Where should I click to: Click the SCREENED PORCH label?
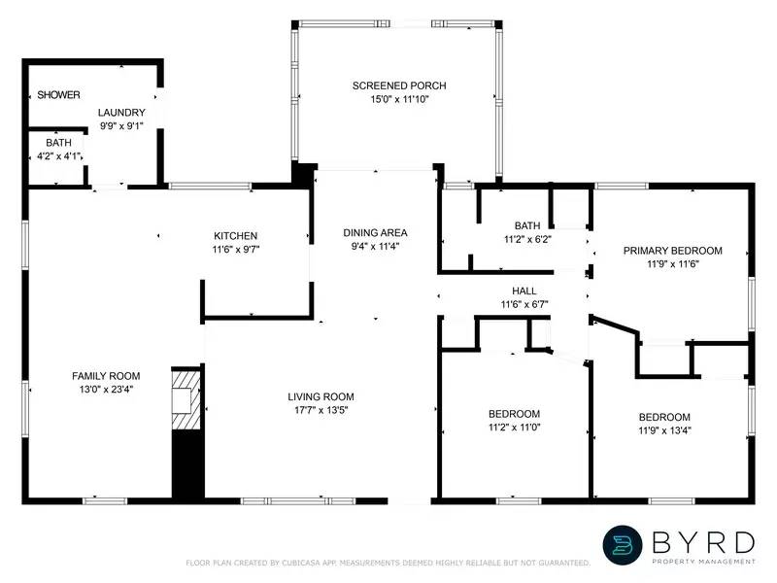click(399, 86)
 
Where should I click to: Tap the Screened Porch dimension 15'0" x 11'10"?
click(399, 99)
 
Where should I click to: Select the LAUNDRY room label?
click(121, 113)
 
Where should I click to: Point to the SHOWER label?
click(58, 94)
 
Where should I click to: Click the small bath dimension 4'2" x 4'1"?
click(52, 155)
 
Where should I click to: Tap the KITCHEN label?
click(236, 235)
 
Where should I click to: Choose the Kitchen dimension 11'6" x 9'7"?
click(236, 249)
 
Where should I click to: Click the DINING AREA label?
click(375, 232)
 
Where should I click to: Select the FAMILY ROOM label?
click(106, 376)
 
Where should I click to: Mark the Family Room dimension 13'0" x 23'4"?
click(106, 389)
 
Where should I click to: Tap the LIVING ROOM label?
click(321, 396)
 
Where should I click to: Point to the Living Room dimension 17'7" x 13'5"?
click(321, 410)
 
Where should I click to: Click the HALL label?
click(524, 291)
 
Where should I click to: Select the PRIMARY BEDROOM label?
click(673, 250)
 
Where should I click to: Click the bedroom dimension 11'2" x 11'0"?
click(514, 428)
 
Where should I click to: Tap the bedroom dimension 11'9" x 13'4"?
click(664, 429)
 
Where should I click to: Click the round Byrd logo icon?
click(624, 545)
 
